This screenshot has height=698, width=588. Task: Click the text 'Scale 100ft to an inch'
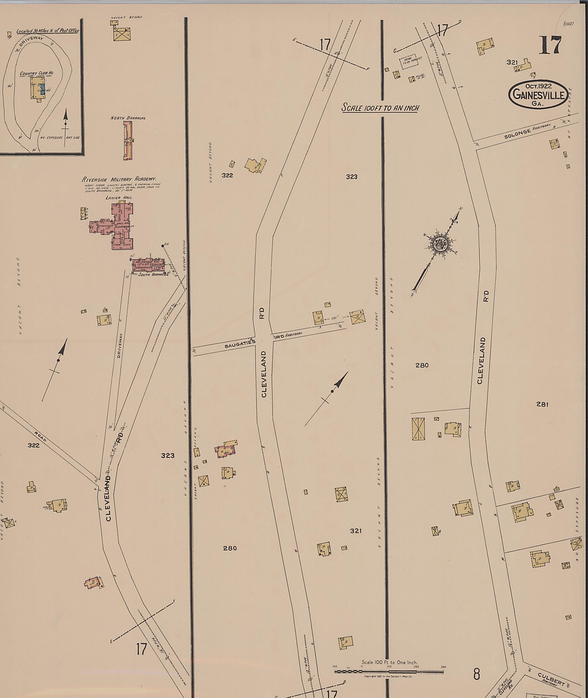click(380, 108)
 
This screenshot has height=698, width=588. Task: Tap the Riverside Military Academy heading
click(119, 179)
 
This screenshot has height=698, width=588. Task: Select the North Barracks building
click(128, 141)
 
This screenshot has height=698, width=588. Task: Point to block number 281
click(542, 404)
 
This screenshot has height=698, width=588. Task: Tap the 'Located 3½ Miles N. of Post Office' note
click(47, 31)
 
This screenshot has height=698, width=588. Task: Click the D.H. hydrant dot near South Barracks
click(163, 246)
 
